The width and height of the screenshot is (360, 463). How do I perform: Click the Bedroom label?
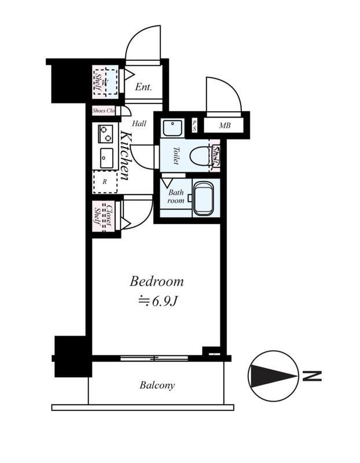click(x=156, y=281)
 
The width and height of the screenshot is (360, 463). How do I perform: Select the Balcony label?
click(x=157, y=385)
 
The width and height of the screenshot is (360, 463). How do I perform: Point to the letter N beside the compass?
click(x=312, y=376)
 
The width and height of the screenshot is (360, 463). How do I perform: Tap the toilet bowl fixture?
click(x=200, y=156)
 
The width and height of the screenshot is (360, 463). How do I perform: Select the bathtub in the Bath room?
click(x=203, y=199)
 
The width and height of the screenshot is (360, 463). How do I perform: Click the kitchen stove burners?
click(x=106, y=134)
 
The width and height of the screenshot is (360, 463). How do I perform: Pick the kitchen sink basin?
click(x=106, y=158)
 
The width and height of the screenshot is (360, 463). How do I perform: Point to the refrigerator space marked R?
click(x=105, y=182)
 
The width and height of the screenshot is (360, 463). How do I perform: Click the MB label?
click(x=225, y=126)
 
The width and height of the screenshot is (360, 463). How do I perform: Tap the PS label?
click(x=194, y=126)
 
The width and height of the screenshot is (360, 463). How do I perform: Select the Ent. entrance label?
click(x=144, y=87)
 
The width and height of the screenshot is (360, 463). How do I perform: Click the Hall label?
click(x=139, y=123)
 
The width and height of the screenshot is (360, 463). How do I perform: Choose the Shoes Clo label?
click(x=104, y=111)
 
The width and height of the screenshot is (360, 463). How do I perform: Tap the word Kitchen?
click(x=125, y=156)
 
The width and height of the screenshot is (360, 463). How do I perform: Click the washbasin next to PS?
click(x=172, y=128)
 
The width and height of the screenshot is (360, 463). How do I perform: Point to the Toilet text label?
click(x=176, y=156)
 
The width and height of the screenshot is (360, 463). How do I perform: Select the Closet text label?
click(x=109, y=216)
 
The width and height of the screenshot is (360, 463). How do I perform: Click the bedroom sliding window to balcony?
click(x=154, y=358)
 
